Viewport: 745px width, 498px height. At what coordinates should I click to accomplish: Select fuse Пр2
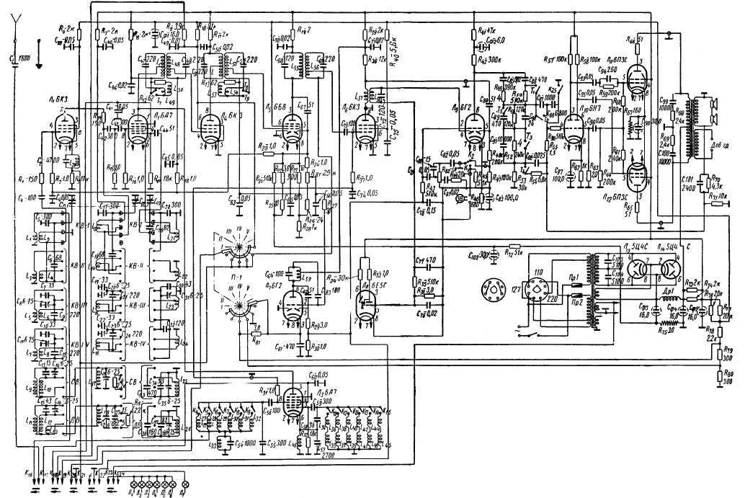click(576, 303)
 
